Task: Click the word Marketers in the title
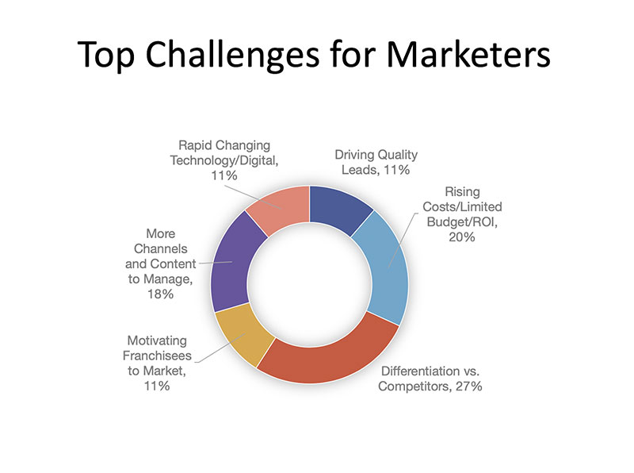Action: coord(468,54)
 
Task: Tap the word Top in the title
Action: coord(106,56)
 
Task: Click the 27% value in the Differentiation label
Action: coord(468,386)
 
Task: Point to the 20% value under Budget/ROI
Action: coord(462,237)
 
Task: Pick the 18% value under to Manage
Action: coord(161,294)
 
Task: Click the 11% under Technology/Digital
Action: coord(224,175)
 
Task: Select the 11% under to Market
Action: coord(157,386)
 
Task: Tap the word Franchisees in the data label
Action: coord(157,356)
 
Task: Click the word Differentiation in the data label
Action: coord(421,371)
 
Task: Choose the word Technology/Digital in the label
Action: coord(224,161)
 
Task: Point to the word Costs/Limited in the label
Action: coord(462,206)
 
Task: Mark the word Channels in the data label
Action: coord(161,248)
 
